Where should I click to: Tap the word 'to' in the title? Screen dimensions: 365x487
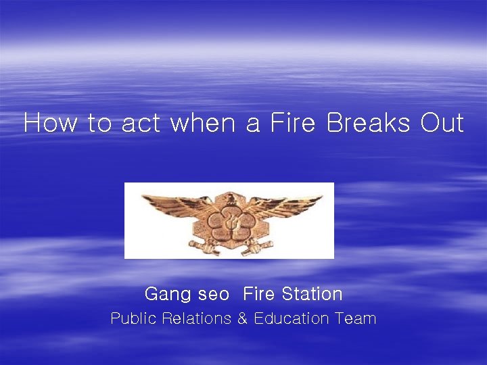pos(101,124)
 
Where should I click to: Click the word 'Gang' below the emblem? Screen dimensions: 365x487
pos(160,295)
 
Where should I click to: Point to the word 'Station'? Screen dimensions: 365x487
pos(312,294)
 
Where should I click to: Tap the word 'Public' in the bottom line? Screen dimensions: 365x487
pos(133,319)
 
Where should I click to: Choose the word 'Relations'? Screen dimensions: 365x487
pos(197,319)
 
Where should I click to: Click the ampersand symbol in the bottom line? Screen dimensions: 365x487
pos(242,319)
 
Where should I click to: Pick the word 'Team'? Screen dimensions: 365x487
pos(355,319)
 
